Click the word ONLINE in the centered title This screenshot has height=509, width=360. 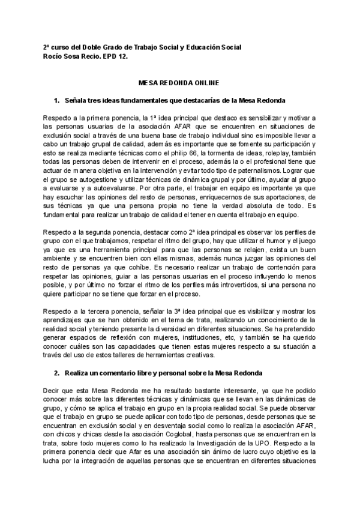click(203, 82)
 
